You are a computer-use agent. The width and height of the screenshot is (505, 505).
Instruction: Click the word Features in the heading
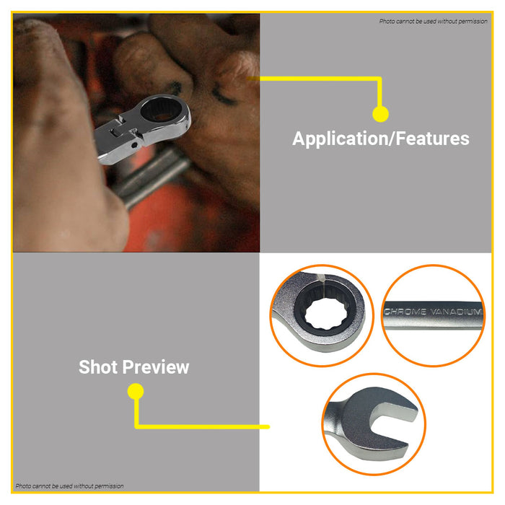(433, 139)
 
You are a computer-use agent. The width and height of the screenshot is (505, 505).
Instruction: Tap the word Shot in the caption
(98, 366)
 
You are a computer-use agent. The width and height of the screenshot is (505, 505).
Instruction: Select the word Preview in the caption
(156, 367)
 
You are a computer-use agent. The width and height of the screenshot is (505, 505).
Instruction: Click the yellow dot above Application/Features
(380, 114)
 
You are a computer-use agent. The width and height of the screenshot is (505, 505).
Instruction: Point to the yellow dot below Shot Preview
(136, 391)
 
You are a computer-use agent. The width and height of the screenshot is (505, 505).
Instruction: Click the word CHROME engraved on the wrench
(405, 312)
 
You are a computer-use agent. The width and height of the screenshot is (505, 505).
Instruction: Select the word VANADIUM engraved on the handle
(457, 312)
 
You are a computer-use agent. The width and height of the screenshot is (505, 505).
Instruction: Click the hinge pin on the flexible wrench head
(135, 145)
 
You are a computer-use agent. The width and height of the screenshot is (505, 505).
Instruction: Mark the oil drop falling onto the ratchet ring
(322, 279)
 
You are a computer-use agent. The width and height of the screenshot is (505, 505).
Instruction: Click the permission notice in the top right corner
(433, 21)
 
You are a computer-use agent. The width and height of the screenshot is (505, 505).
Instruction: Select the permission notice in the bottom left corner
(69, 486)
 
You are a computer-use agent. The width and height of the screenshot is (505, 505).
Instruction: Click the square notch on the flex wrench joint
(115, 132)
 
